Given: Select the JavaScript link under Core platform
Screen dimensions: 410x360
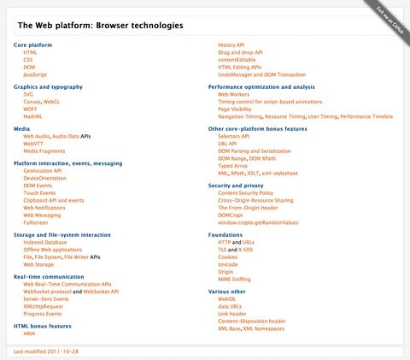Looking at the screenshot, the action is point(35,74).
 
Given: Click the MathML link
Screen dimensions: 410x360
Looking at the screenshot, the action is point(32,115).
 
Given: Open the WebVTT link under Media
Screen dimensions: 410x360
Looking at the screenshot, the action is point(33,143).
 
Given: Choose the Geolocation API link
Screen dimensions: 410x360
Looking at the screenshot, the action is point(43,170).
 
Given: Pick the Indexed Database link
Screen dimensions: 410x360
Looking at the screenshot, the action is point(45,242).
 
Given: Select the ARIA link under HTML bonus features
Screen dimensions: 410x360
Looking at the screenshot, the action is point(29,333).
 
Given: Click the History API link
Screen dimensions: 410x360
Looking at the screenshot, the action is point(232,44).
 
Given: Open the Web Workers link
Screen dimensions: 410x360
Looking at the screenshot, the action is point(234,94).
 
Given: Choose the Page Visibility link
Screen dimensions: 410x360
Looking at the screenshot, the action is point(235,109).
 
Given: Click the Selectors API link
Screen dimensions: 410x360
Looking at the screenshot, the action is point(233,135).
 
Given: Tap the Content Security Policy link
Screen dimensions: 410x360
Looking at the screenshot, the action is point(245,192).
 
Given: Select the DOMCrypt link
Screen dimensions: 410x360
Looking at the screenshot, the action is point(231,214).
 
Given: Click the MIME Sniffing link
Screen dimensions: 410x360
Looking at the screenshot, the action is point(235,278).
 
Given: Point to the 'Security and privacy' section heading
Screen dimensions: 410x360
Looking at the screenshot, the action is point(236,185).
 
